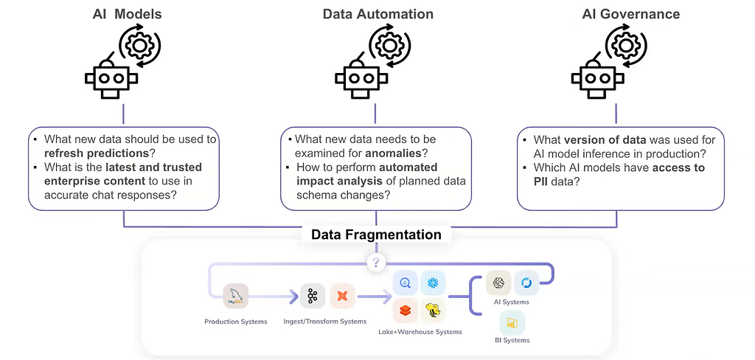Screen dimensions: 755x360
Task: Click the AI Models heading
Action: pos(127,14)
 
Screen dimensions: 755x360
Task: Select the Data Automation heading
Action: pos(378,14)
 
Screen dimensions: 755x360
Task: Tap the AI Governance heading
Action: pos(631,14)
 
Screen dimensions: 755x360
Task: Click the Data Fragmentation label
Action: pos(376,235)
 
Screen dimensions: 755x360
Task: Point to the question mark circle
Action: pos(376,263)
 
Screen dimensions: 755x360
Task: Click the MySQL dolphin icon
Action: pos(236,296)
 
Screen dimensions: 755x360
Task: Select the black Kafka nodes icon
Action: pos(313,296)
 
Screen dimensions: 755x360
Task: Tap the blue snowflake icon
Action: pos(433,283)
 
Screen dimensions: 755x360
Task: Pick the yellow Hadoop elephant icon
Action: pos(433,311)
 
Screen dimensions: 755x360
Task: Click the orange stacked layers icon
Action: pos(405,311)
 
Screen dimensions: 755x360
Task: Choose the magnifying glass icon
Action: pos(405,283)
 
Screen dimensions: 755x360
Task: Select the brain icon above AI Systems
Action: pos(498,283)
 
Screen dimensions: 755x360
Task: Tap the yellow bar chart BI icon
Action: pos(512,323)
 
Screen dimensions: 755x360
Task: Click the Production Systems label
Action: pos(236,322)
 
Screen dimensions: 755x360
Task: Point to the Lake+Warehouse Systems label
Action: pos(420,331)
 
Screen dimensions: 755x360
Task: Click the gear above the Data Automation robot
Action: pos(389,45)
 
